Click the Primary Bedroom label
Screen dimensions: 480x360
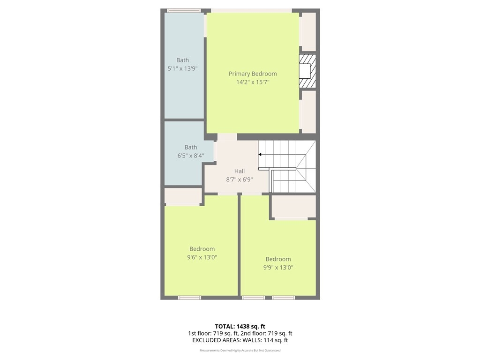pyautogui.click(x=253, y=74)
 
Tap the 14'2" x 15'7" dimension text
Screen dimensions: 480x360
pyautogui.click(x=253, y=82)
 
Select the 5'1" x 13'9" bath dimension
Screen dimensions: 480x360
pyautogui.click(x=182, y=68)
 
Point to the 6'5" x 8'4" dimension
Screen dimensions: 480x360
pyautogui.click(x=191, y=156)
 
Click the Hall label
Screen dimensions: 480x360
pyautogui.click(x=240, y=171)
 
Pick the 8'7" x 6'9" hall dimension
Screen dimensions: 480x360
pyautogui.click(x=240, y=180)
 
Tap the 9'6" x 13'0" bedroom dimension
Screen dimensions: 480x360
pyautogui.click(x=202, y=257)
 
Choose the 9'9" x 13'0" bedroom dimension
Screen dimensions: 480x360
pyautogui.click(x=278, y=267)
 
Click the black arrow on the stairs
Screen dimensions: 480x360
pyautogui.click(x=260, y=155)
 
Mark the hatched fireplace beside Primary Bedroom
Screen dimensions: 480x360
pyautogui.click(x=307, y=71)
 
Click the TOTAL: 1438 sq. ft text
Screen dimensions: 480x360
pyautogui.click(x=240, y=326)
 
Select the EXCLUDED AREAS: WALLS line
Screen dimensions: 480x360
pyautogui.click(x=240, y=340)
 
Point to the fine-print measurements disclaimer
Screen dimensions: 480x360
pyautogui.click(x=240, y=350)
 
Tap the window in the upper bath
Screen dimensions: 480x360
pyautogui.click(x=184, y=11)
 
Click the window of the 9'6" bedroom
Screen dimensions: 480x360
pyautogui.click(x=189, y=298)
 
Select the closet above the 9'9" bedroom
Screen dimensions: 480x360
pyautogui.click(x=294, y=206)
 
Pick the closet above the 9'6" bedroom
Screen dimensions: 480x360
pyautogui.click(x=183, y=196)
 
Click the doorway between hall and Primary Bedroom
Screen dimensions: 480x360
pyautogui.click(x=227, y=137)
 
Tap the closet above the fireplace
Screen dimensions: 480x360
pyautogui.click(x=309, y=31)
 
